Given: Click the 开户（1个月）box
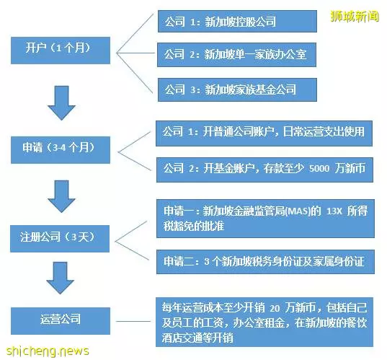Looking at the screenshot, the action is pos(61,51).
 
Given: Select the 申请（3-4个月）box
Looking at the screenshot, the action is pos(61,150).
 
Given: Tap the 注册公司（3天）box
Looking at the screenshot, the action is pos(60,238).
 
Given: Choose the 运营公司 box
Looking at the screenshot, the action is pos(61,321).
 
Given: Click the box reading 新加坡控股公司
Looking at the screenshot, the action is pos(237,21).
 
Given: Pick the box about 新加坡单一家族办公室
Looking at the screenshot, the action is pos(236,55).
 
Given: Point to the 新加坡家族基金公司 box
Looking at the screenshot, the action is pos(237,89).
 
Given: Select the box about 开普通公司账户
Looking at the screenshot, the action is pos(264,133).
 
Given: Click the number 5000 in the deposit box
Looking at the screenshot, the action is pos(319,169).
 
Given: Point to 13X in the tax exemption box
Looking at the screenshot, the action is pos(334,211).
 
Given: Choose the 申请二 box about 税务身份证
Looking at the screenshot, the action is pos(265,262).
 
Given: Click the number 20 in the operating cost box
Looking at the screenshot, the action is pos(275,308).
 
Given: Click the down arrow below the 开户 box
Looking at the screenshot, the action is pos(61,103).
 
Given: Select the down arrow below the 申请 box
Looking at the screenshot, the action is pos(61,196).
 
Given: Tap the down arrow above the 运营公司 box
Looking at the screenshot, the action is pos(61,278).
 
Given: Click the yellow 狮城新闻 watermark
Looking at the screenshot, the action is pos(354,17).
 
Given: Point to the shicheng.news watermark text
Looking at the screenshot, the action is pos(48,351).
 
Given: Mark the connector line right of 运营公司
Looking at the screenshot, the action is pos(133,321).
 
